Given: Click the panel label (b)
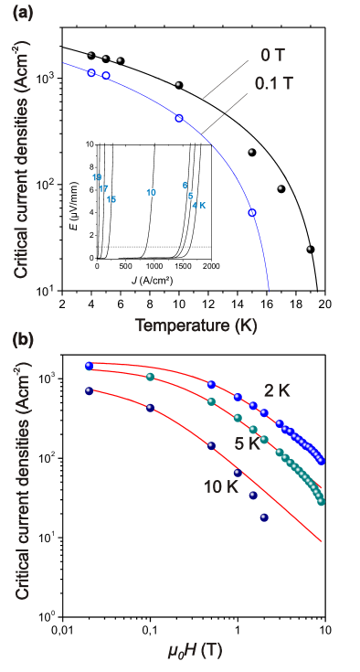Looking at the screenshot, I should (22, 340).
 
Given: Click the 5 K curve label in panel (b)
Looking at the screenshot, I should (246, 443).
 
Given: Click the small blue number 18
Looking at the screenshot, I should (97, 177).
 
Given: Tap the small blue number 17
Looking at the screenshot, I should (103, 188).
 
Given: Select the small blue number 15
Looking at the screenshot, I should (111, 199).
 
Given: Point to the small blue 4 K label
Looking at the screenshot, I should (199, 206).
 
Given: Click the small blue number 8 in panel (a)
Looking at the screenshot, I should (185, 185).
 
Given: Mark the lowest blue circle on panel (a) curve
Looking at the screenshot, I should (252, 213).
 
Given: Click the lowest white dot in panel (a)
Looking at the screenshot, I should (309, 249).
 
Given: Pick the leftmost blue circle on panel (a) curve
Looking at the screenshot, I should (91, 72).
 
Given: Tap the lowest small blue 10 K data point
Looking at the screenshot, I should (263, 517).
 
